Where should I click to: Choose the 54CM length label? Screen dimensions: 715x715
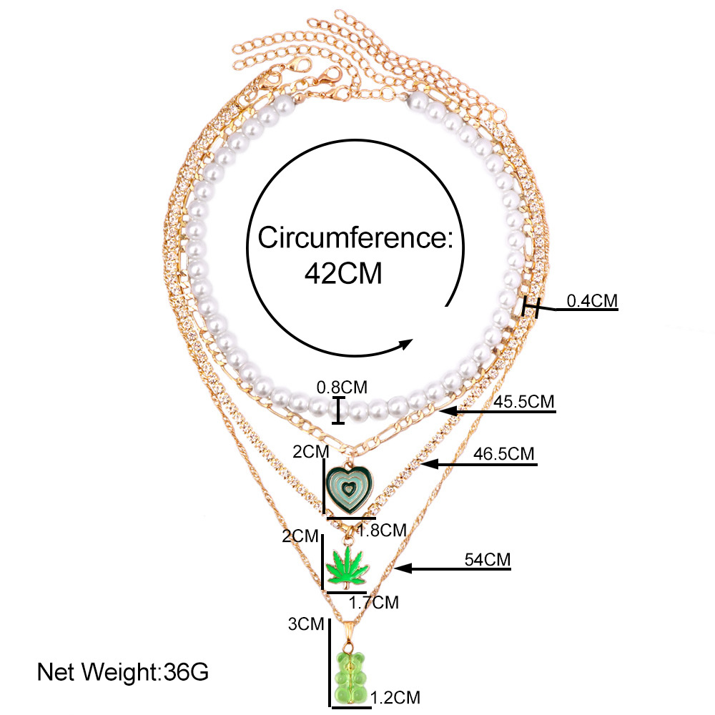pyautogui.click(x=485, y=559)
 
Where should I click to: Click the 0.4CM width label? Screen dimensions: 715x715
pyautogui.click(x=591, y=301)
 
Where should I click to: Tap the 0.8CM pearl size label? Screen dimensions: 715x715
pyautogui.click(x=342, y=388)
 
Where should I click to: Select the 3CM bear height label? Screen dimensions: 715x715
pyautogui.click(x=306, y=623)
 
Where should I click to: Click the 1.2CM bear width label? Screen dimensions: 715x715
pyautogui.click(x=395, y=697)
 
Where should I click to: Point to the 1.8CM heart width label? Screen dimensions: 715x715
pyautogui.click(x=382, y=530)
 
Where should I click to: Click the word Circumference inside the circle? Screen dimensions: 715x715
pyautogui.click(x=355, y=237)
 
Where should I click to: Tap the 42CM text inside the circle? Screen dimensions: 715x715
pyautogui.click(x=342, y=272)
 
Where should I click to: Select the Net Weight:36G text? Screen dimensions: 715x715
pyautogui.click(x=122, y=672)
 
